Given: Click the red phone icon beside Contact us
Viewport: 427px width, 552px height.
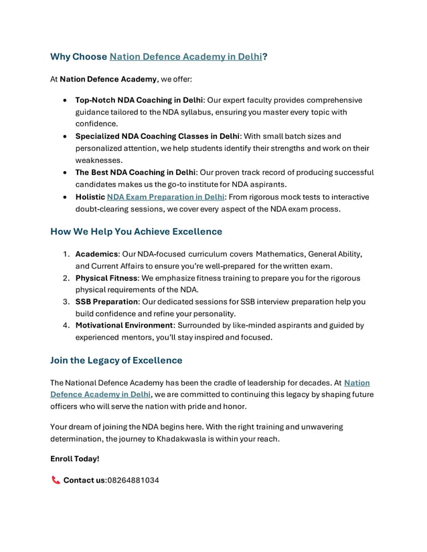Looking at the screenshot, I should point(55,480).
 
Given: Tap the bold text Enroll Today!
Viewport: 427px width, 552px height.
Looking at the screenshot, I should point(74,458).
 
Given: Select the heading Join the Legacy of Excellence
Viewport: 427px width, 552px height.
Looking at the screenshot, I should point(116,360).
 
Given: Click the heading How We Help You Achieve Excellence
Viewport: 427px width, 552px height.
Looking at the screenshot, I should point(136,232).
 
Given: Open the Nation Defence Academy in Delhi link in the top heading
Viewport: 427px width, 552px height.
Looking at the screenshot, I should point(185,57).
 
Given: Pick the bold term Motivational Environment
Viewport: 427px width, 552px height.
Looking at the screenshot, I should point(124,325).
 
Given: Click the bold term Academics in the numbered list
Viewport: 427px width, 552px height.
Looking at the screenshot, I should point(96,254).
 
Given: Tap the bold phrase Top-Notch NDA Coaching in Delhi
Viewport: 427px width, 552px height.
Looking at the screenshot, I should point(139,100).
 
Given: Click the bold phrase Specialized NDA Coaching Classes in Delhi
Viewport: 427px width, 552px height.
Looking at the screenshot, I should point(158,136).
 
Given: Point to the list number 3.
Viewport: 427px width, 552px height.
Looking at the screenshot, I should point(66,301).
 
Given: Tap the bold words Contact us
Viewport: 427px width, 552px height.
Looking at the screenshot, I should point(84,480).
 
